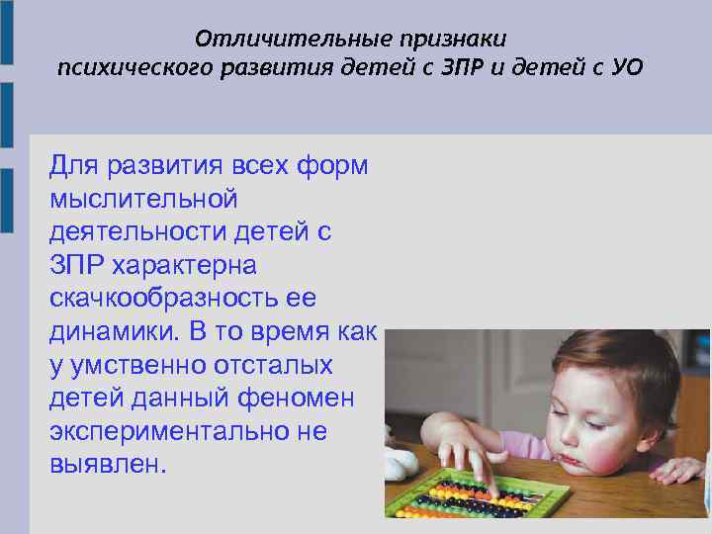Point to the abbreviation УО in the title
tap(627, 68)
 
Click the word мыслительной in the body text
tap(143, 199)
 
